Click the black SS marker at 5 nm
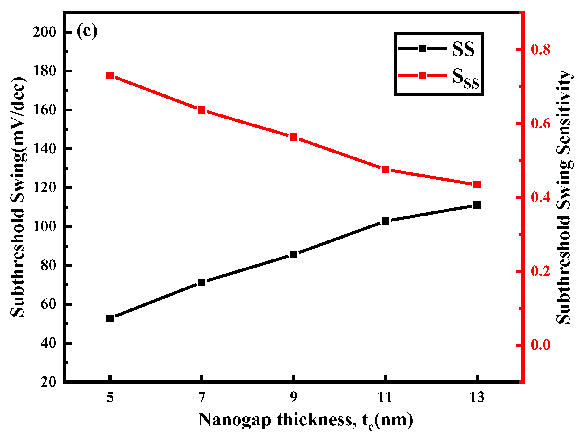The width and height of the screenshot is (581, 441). coord(110,318)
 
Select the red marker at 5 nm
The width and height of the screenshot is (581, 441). coord(110,75)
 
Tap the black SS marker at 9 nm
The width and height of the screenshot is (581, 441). coord(294,254)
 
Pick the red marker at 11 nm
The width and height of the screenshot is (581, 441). coord(385,170)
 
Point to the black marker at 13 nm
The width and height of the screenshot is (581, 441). coord(477,205)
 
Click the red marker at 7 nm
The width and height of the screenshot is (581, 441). coord(202,110)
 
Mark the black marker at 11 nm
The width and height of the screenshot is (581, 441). coord(385,221)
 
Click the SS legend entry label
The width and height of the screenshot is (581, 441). coord(463,49)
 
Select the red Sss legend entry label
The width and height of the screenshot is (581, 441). coord(465,78)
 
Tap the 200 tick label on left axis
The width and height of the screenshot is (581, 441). coord(44,32)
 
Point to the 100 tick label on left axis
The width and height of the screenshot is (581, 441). coord(44,226)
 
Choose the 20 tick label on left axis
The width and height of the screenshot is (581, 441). coord(48,382)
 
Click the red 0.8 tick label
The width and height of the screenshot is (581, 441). coord(540,50)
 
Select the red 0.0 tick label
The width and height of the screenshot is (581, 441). coord(540,345)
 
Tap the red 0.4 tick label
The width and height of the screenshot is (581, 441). coord(540,197)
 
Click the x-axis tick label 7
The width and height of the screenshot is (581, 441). coord(202,397)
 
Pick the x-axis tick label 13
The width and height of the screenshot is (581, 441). coord(477,397)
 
